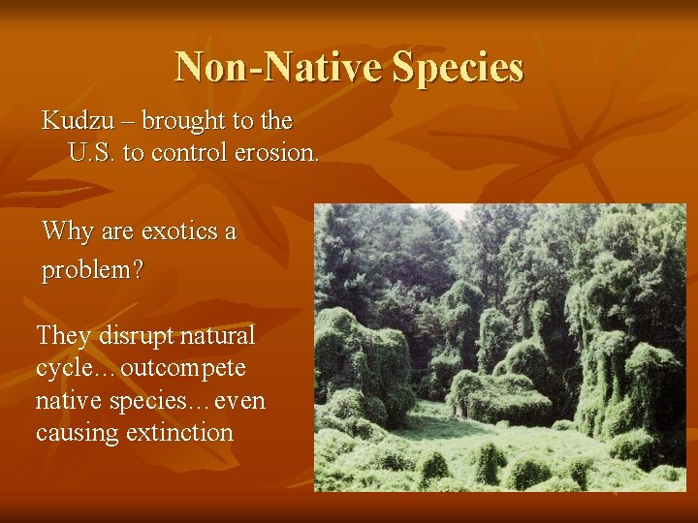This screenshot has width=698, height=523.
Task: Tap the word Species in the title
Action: point(459,67)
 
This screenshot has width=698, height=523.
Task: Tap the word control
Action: point(193,152)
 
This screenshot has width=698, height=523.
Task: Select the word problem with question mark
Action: point(92,270)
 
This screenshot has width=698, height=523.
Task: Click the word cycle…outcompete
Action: point(141,368)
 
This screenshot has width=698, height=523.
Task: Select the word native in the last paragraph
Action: point(69,400)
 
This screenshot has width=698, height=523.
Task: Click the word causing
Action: point(78,432)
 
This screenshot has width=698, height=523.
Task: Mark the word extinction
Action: point(179,432)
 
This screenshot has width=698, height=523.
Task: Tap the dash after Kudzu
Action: point(124,122)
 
